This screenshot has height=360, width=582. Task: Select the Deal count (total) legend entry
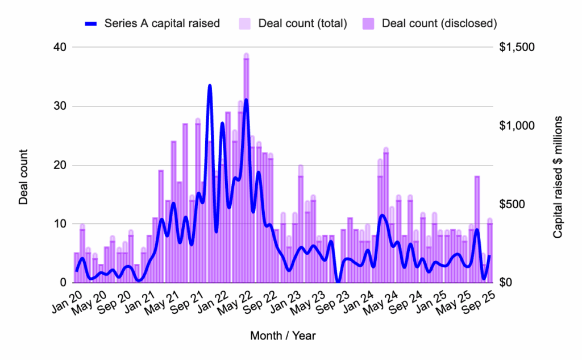[x=296, y=23]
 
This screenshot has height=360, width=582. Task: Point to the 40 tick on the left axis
[x=60, y=47]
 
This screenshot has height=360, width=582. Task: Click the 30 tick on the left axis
[x=60, y=106]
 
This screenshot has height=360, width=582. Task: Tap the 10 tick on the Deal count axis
[x=60, y=224]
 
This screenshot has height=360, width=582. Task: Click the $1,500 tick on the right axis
[x=517, y=47]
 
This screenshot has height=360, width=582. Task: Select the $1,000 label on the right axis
[x=517, y=126]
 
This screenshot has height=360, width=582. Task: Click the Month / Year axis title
[x=282, y=336]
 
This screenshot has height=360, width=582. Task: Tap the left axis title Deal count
[x=23, y=177]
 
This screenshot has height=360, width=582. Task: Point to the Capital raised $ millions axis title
[x=558, y=177]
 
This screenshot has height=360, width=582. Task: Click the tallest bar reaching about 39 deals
[x=247, y=171]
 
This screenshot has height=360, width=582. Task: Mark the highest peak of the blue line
[x=210, y=86]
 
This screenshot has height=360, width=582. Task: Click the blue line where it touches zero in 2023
[x=338, y=282]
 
